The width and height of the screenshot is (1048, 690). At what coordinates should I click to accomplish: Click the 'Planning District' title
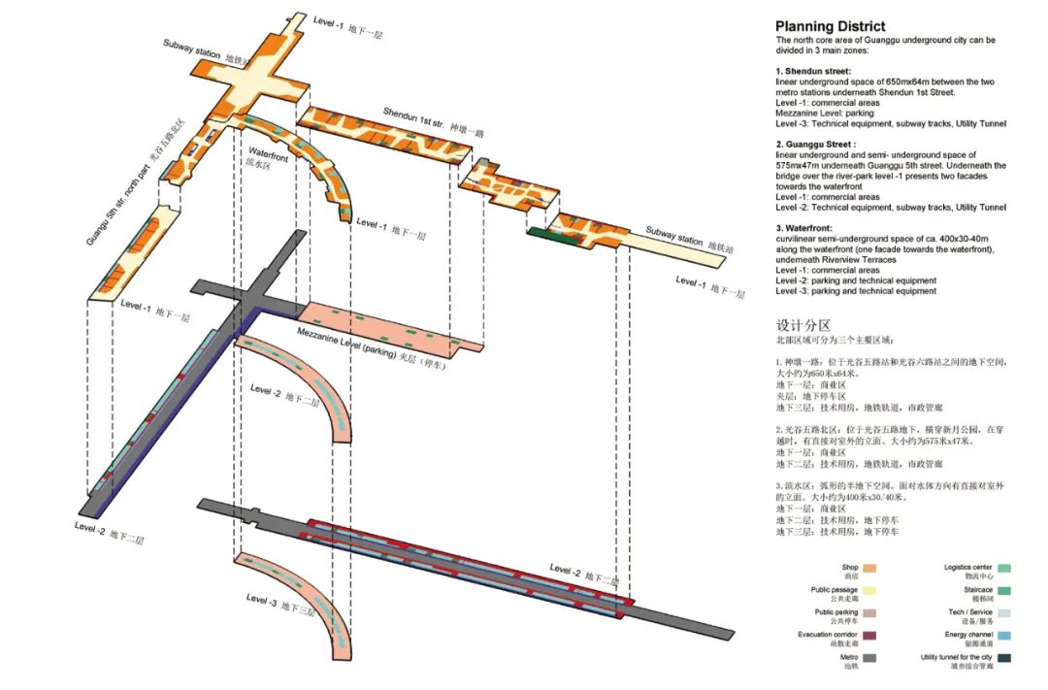(830, 27)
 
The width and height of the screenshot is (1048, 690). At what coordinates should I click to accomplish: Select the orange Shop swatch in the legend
(870, 568)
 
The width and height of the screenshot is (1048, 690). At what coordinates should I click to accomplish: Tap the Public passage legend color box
(870, 590)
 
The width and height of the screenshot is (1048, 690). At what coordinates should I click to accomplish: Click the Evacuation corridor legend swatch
(870, 636)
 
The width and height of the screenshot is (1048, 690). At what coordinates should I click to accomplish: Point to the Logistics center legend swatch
(1004, 568)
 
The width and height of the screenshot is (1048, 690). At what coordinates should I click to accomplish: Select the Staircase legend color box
(1004, 590)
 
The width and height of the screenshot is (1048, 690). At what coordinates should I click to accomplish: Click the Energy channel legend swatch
(1004, 636)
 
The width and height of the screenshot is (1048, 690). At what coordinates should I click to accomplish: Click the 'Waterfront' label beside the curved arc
(267, 153)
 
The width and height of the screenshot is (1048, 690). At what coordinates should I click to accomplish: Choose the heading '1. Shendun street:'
(813, 72)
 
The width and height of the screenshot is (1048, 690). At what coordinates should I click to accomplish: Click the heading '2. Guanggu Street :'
(816, 145)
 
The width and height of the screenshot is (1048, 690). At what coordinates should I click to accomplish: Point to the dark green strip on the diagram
(548, 232)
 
